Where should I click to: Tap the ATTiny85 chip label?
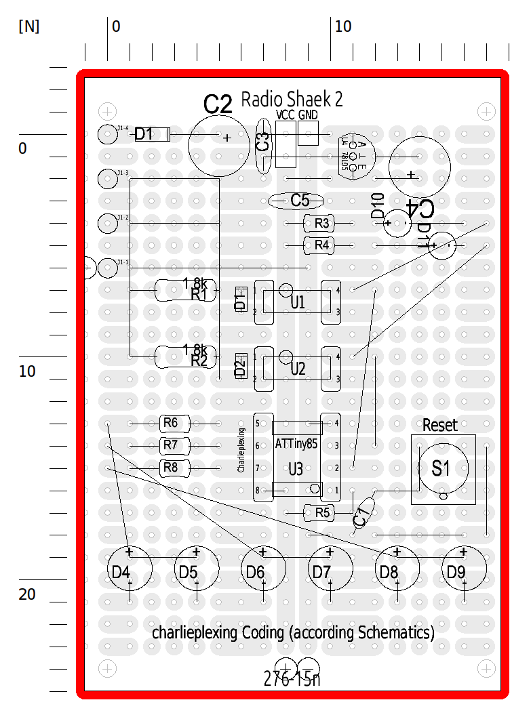point(296,445)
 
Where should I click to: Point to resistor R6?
point(170,424)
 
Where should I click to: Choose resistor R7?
point(170,445)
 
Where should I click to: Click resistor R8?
point(170,468)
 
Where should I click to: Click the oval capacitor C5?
point(296,201)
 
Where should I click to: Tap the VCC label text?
point(286,115)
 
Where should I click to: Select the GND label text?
point(308,115)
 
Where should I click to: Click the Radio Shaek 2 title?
point(292,100)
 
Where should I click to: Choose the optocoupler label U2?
point(297,369)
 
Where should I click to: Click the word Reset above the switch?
point(439,425)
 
